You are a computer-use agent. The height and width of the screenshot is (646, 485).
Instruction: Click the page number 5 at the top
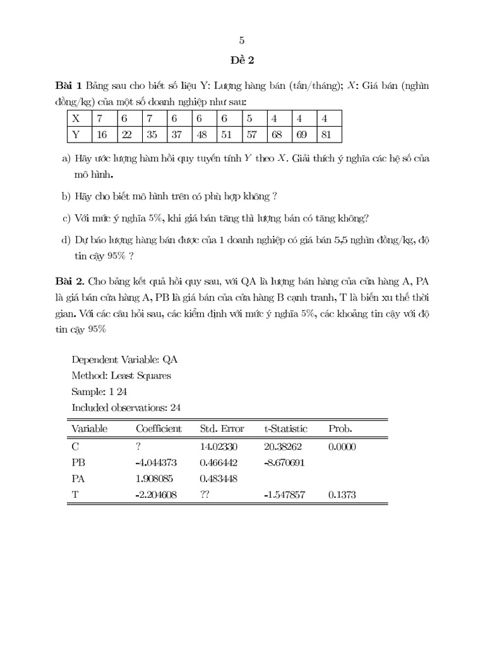point(242,40)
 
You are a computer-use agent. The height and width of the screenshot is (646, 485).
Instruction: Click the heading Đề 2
point(242,61)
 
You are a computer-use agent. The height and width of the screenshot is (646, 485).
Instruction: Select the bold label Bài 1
point(69,85)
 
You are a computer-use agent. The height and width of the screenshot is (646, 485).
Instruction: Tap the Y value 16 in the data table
point(102,134)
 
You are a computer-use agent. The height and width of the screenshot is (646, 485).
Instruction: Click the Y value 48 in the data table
point(202,134)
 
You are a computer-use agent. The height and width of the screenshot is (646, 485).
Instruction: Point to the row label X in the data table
point(76,118)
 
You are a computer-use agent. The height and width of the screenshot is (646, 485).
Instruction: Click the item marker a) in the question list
point(66,158)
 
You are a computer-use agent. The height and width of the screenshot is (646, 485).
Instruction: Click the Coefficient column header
point(159,429)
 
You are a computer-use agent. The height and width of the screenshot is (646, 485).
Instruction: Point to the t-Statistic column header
point(285,429)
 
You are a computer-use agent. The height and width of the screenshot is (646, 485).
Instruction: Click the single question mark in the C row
point(138,446)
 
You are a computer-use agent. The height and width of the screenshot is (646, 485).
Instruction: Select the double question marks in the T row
point(205,495)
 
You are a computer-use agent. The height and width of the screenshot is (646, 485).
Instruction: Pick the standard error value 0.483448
point(220,479)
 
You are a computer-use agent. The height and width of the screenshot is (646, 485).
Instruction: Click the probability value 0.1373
point(342,495)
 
